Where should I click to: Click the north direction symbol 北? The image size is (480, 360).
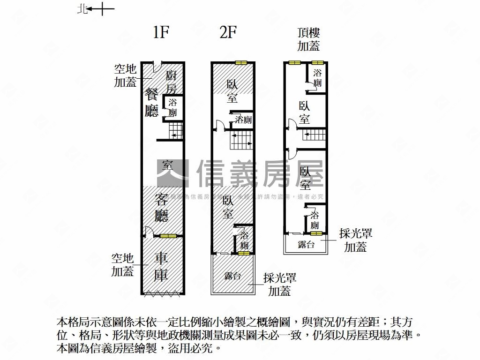click(x=81, y=9)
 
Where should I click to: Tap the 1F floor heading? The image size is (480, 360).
click(x=160, y=33)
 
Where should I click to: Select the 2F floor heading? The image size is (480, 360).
click(x=228, y=33)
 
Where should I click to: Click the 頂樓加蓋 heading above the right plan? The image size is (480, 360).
click(x=309, y=39)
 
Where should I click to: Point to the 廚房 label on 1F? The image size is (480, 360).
click(x=172, y=82)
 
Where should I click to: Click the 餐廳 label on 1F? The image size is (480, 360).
click(x=152, y=102)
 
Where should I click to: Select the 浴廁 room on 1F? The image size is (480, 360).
click(x=172, y=108)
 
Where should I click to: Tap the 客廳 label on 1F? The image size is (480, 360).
click(x=162, y=207)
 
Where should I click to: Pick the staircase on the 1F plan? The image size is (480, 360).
click(x=175, y=129)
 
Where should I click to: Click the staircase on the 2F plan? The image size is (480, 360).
click(x=241, y=140)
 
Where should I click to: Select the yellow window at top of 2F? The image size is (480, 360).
click(x=241, y=63)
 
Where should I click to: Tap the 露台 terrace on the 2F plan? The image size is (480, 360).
click(x=233, y=276)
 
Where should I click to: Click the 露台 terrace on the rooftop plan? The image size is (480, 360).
click(x=306, y=244)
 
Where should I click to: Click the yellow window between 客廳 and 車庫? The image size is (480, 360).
click(x=168, y=236)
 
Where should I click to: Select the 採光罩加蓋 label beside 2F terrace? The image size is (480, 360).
click(x=279, y=284)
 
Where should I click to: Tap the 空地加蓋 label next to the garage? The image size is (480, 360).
click(x=122, y=265)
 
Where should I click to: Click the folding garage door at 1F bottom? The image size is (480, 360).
click(x=162, y=294)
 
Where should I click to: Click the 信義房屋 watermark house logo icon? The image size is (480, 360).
click(x=172, y=173)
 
